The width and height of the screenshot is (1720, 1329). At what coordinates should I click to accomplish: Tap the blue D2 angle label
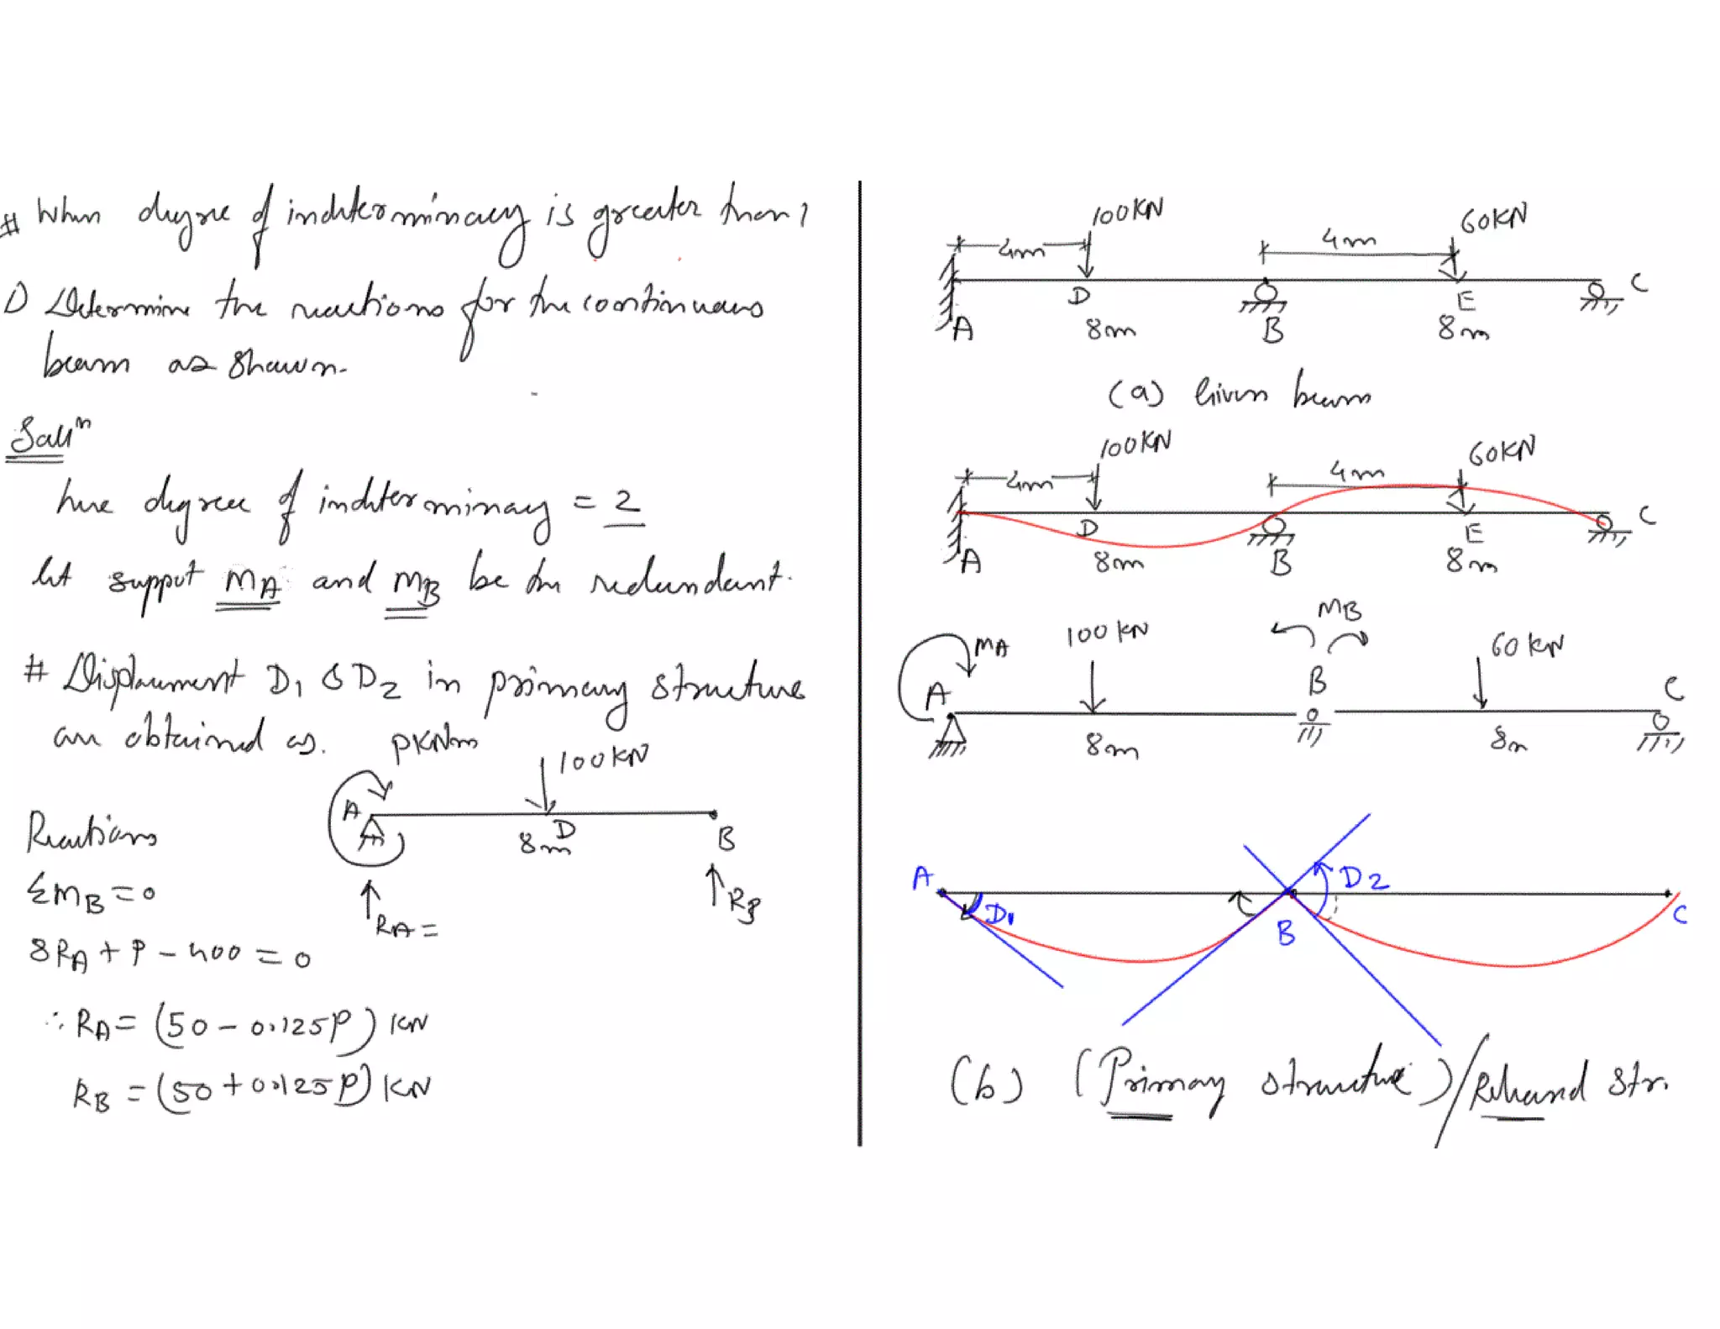1364,880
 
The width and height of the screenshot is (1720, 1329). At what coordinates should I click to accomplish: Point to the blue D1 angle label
999,913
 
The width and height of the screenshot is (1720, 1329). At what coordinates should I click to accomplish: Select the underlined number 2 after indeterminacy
625,503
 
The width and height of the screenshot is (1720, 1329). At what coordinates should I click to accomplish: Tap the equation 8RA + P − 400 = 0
168,954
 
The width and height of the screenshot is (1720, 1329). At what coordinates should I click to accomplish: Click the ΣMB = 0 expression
91,892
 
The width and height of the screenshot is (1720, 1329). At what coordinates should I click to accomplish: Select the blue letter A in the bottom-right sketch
922,878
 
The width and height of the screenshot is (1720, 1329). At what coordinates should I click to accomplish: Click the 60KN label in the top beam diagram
1493,220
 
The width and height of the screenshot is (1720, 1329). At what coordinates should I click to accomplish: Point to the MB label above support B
1339,609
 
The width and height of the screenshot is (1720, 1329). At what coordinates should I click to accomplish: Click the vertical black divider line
859,664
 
